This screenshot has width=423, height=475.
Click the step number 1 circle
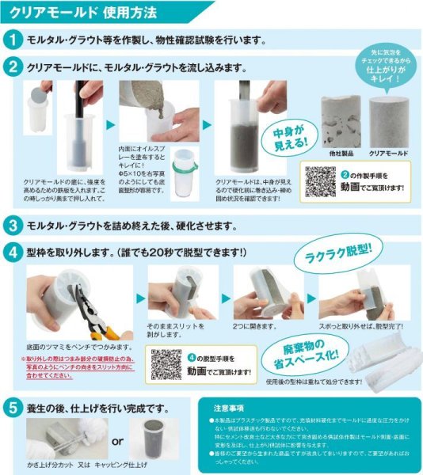point(13,40)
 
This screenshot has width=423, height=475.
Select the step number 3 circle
point(13,225)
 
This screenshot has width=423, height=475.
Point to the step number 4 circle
point(13,253)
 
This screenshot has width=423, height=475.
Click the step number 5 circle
point(13,408)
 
